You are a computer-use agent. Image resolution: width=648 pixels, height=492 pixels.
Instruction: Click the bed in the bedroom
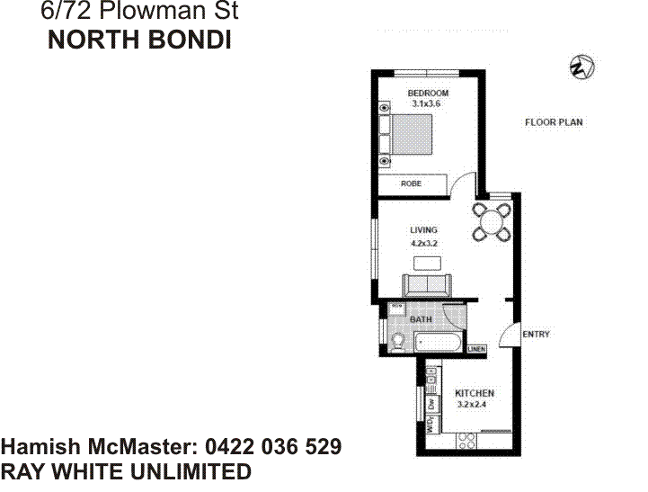(x=411, y=135)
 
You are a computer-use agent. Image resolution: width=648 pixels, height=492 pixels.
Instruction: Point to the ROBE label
(x=411, y=183)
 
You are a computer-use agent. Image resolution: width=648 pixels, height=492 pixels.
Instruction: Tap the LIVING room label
(x=423, y=231)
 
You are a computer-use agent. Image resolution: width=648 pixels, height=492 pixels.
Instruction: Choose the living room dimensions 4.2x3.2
(x=423, y=244)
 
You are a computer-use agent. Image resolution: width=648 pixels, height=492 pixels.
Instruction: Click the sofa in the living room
(x=427, y=284)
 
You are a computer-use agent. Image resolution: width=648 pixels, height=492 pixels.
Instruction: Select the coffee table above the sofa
(x=427, y=263)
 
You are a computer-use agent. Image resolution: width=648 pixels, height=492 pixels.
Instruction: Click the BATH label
(x=421, y=319)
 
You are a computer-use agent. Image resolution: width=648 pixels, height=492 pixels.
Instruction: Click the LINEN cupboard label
(x=476, y=349)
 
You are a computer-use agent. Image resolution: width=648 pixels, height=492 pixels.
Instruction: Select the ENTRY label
(x=536, y=335)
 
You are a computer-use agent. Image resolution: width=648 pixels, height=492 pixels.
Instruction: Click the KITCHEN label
(x=474, y=394)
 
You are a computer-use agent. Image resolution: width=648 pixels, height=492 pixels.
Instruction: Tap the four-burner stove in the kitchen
(x=467, y=440)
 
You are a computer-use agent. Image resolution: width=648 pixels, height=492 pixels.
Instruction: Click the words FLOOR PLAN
(x=555, y=122)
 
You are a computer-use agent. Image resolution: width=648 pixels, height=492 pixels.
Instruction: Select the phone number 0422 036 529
(x=273, y=447)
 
